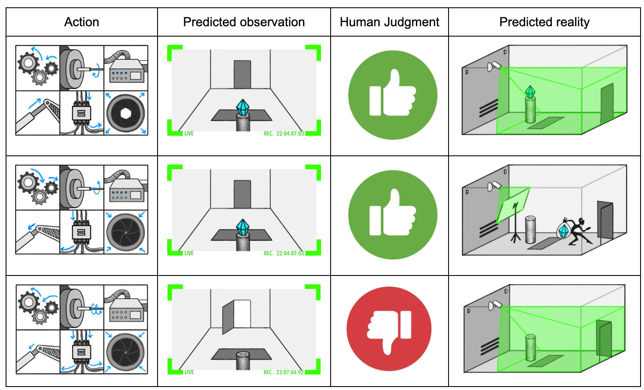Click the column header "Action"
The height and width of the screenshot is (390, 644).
tap(81, 22)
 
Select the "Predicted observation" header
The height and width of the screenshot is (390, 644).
tap(244, 22)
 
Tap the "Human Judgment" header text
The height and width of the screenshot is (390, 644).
tap(389, 22)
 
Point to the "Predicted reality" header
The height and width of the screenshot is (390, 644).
tap(544, 22)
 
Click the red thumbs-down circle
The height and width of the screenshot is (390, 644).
tap(389, 329)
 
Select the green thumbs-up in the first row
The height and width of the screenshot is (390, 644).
tap(393, 95)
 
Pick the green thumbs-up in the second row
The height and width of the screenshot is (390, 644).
tap(393, 215)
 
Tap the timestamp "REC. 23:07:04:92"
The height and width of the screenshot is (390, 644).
tap(283, 372)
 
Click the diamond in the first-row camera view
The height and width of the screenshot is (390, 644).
tap(243, 108)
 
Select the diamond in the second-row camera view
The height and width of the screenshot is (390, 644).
tap(243, 227)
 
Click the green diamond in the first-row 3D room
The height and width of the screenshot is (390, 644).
tap(530, 91)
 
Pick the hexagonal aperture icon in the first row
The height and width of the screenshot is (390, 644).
tap(126, 113)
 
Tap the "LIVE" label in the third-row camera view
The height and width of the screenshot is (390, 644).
tap(189, 372)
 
